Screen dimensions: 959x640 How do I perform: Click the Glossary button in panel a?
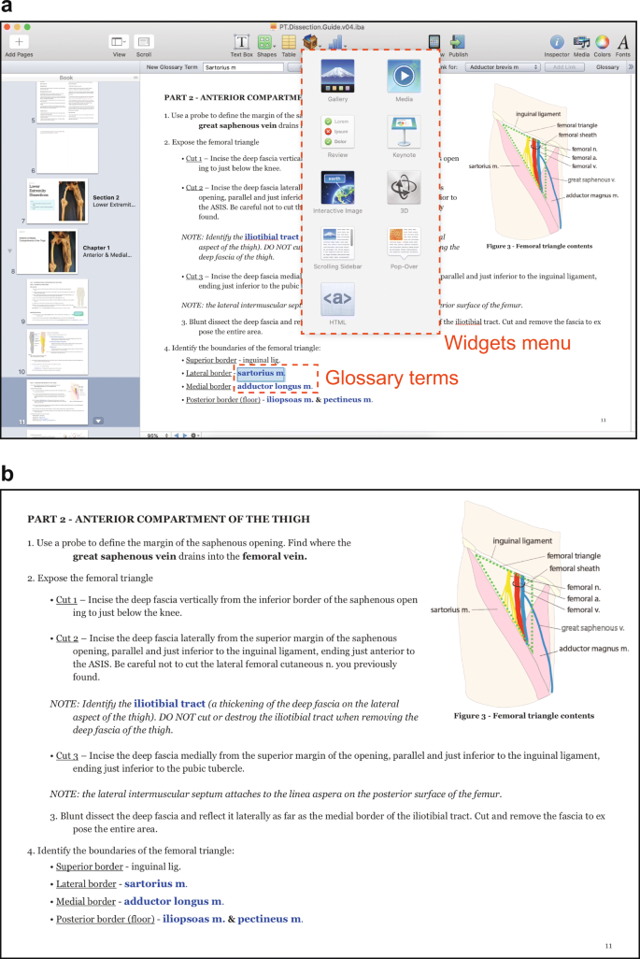pos(607,67)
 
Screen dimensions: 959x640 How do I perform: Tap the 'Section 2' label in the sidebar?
pos(106,198)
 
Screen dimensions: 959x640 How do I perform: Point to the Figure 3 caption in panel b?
pos(523,716)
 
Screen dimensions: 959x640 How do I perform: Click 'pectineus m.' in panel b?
pos(269,919)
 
